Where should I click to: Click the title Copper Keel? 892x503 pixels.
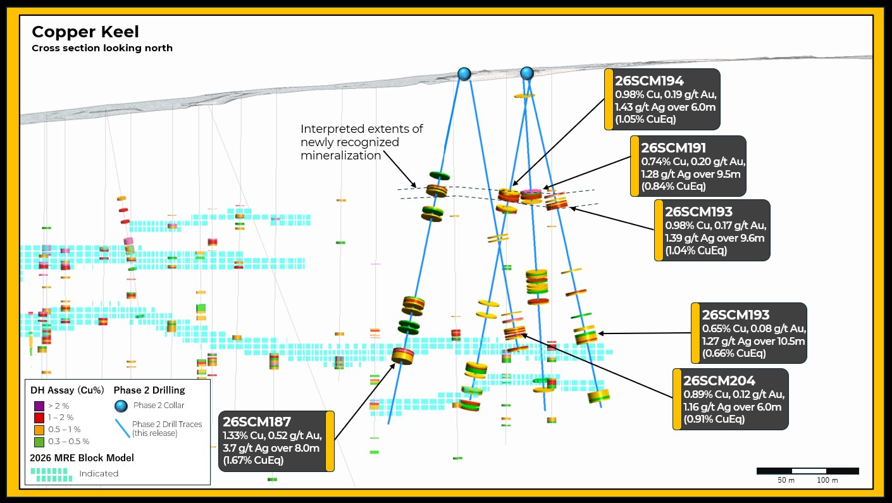click(85, 32)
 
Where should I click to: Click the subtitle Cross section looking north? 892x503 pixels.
click(102, 48)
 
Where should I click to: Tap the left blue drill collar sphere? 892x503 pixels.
click(464, 73)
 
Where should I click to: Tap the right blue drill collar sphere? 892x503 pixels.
click(527, 73)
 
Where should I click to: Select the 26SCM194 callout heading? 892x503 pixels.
click(649, 81)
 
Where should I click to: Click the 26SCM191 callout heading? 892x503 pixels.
click(673, 148)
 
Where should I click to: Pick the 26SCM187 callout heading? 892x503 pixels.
click(257, 422)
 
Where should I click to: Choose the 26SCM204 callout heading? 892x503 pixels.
click(719, 381)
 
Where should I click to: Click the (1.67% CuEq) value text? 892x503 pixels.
click(253, 461)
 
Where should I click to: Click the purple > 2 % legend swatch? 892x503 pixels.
click(39, 406)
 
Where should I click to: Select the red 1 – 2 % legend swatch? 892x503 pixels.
click(39, 418)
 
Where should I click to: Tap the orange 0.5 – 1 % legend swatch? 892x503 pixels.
click(39, 430)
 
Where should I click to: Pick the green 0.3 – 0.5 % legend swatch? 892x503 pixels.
click(39, 442)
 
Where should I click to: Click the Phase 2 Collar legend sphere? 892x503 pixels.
click(121, 406)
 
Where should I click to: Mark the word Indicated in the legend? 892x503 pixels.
click(99, 473)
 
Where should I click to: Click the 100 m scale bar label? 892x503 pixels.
click(827, 480)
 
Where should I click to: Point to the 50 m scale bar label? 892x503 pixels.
click(786, 480)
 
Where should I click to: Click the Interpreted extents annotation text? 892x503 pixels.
click(362, 142)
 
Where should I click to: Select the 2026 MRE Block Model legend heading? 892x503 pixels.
click(82, 458)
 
